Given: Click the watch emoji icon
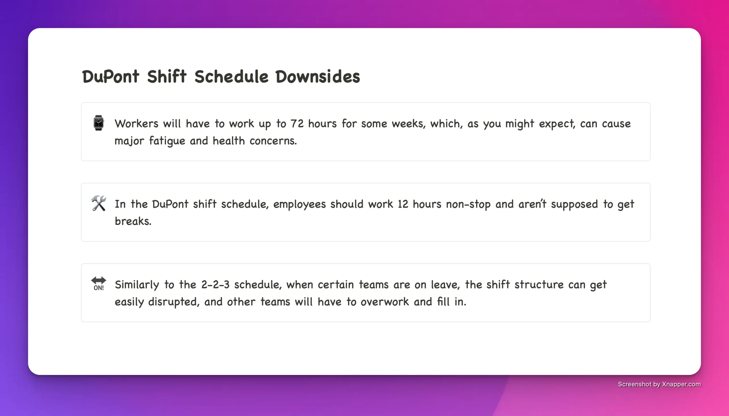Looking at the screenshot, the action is pyautogui.click(x=99, y=123).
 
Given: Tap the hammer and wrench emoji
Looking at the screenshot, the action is pyautogui.click(x=99, y=203).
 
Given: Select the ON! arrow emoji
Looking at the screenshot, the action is pyautogui.click(x=99, y=283).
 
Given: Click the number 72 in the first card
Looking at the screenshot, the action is pyautogui.click(x=297, y=124).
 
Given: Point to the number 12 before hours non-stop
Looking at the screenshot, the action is pyautogui.click(x=403, y=204).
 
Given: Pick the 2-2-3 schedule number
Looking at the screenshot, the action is pyautogui.click(x=215, y=285).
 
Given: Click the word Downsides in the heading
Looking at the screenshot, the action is pyautogui.click(x=318, y=77).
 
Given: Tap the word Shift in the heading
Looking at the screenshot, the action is pyautogui.click(x=167, y=77).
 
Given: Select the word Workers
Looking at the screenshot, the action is pyautogui.click(x=136, y=124).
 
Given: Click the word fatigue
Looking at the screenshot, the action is pyautogui.click(x=167, y=141).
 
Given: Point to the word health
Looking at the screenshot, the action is pyautogui.click(x=229, y=141).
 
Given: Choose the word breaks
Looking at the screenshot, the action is pyautogui.click(x=133, y=221).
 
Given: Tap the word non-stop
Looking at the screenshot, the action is pyautogui.click(x=468, y=204).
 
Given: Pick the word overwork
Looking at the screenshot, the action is pyautogui.click(x=384, y=302).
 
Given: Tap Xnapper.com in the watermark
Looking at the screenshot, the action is pyautogui.click(x=681, y=384).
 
